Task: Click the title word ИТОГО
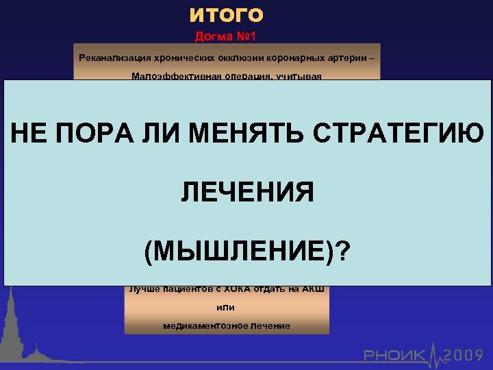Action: coord(227,14)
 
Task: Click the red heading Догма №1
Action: coord(226,35)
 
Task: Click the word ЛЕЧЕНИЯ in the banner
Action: coord(247,193)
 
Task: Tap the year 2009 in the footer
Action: coord(465,355)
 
